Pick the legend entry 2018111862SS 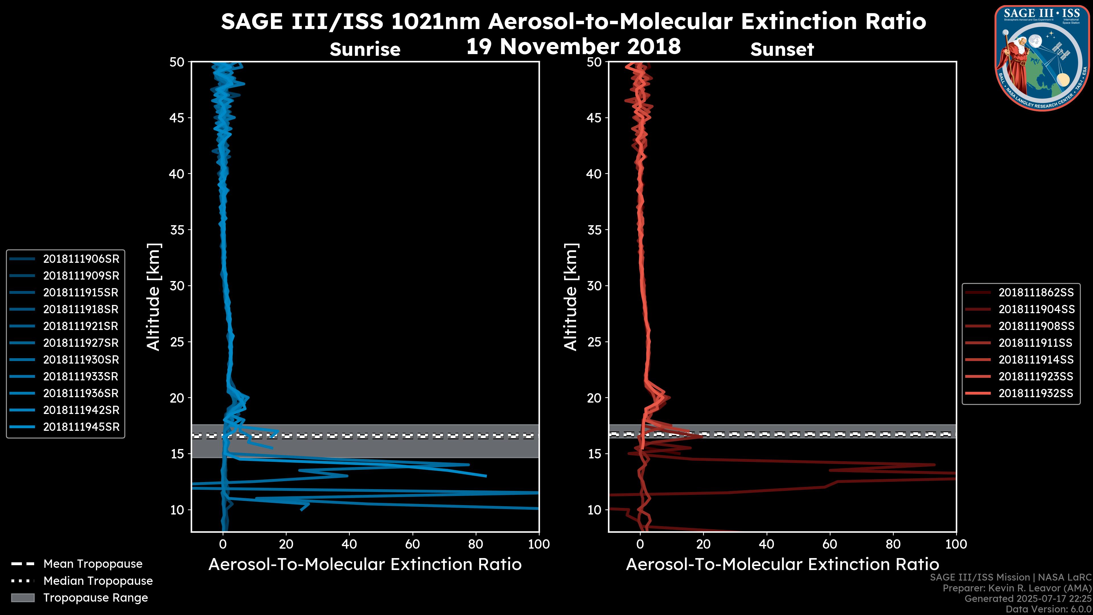point(1036,292)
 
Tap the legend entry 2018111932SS point(1036,393)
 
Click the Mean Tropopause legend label point(93,564)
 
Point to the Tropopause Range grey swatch point(23,598)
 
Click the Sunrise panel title point(365,50)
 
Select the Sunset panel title point(782,50)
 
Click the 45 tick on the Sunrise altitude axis point(177,118)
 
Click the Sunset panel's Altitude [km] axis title point(571,297)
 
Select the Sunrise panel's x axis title point(365,565)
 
